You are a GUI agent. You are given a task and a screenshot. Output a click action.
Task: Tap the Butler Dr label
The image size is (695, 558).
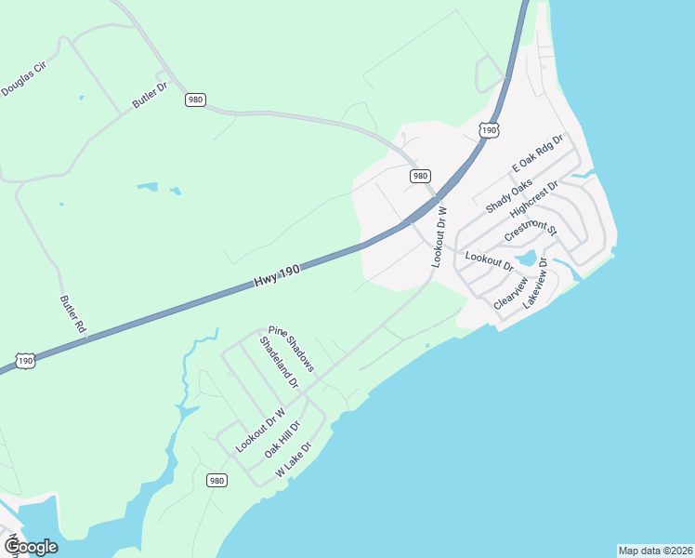point(149,95)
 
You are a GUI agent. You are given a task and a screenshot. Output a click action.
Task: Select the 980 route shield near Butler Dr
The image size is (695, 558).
point(194,100)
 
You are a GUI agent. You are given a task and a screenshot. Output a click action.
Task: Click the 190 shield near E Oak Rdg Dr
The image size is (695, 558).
point(489,130)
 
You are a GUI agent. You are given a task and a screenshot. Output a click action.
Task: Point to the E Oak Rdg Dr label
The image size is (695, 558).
point(538,153)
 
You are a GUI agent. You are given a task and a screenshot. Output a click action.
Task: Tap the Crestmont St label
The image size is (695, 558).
point(530,229)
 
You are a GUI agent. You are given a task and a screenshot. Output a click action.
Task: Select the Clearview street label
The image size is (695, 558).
point(510,292)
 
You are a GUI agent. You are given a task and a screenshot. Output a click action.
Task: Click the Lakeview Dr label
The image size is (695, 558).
point(536,283)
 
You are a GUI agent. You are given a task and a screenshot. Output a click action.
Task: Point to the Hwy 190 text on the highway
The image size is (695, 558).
point(278,275)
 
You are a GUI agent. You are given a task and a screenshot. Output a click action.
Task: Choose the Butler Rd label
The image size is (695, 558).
point(72,314)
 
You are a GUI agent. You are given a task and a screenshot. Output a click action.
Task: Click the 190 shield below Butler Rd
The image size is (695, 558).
point(25,360)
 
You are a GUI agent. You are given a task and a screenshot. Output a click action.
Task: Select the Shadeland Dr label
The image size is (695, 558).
point(279,363)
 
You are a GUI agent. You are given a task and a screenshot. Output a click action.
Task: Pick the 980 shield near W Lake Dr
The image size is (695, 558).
point(216,480)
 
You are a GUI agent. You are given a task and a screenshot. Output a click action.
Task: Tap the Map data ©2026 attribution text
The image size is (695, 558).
point(654,551)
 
